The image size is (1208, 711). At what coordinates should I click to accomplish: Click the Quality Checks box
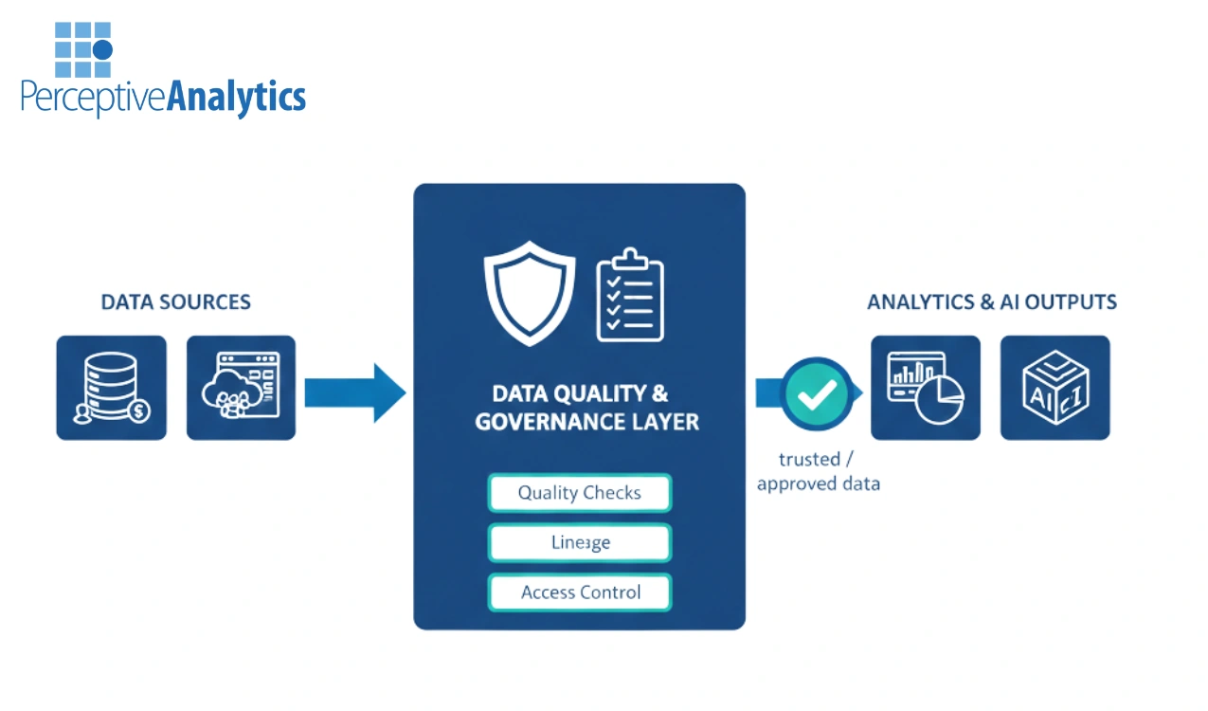[579, 493]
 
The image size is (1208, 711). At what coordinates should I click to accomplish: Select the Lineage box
[579, 542]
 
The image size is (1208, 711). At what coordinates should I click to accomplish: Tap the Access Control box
[579, 592]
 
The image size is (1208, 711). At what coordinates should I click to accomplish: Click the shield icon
[530, 293]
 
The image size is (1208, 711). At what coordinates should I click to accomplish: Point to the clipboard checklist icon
[629, 295]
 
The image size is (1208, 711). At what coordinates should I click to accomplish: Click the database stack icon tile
[111, 388]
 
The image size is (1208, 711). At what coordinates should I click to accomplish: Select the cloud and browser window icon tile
[241, 388]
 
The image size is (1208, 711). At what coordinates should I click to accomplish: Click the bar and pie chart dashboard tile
[925, 388]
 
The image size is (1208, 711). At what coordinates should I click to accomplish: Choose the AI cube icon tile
[1055, 388]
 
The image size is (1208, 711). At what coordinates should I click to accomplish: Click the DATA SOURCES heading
[175, 302]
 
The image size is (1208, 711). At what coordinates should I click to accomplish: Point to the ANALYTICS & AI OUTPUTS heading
[991, 302]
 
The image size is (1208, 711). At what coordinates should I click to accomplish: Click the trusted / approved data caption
[817, 471]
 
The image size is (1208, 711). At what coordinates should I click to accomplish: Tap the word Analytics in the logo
[236, 97]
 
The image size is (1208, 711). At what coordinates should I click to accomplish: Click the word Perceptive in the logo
[93, 97]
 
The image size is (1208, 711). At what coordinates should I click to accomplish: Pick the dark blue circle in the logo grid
[102, 49]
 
